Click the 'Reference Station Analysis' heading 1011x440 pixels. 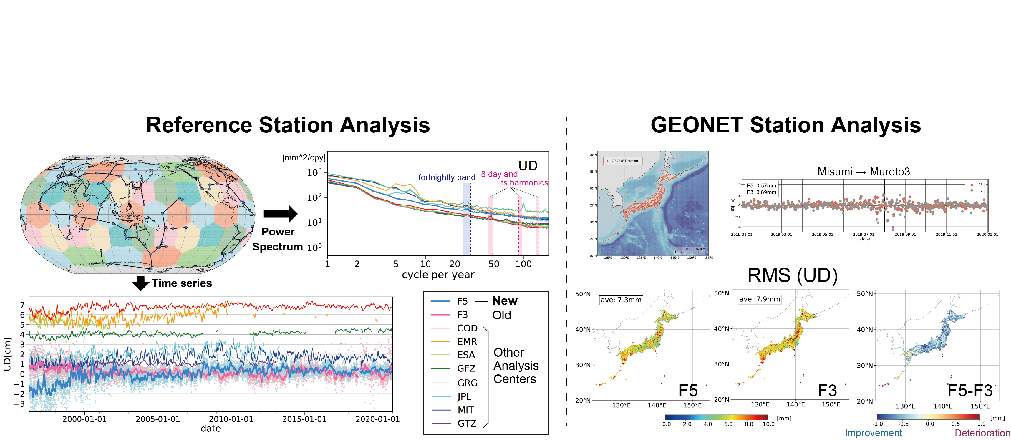click(288, 125)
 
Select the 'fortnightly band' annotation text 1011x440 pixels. click(447, 177)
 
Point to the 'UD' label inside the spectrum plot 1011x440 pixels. click(528, 166)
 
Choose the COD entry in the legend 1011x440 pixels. click(467, 328)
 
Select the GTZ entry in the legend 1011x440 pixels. click(467, 424)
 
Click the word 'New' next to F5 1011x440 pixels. click(505, 301)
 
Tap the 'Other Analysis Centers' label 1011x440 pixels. click(516, 366)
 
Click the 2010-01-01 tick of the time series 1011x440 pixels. click(231, 419)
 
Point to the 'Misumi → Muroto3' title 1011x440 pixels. click(864, 172)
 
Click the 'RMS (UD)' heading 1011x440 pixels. click(792, 275)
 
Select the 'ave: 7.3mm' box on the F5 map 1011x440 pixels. click(621, 300)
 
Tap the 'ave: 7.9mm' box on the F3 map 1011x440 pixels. click(759, 299)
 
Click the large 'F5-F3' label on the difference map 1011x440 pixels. click(970, 391)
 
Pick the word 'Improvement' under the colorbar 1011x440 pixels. click(873, 433)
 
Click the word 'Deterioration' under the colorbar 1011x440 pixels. click(982, 433)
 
